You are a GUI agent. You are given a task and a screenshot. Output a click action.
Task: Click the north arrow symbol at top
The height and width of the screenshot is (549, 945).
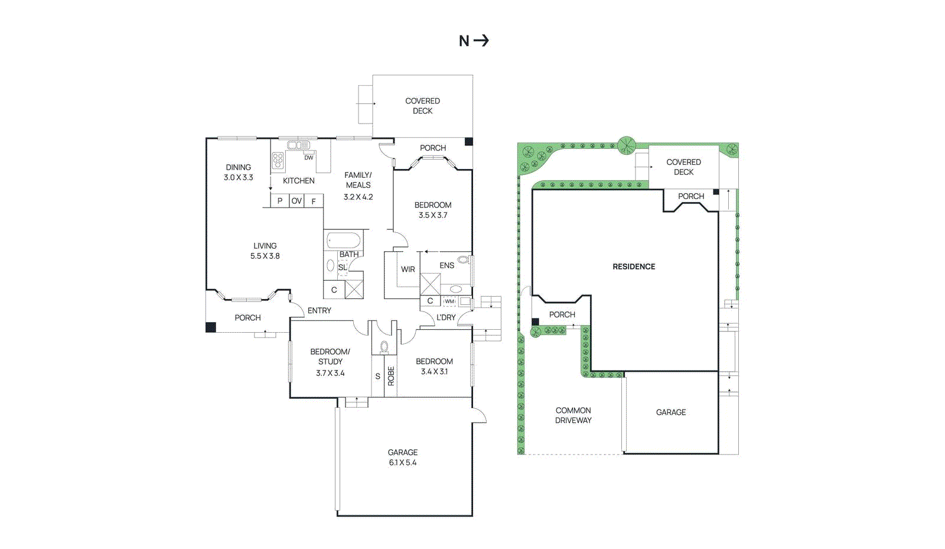[x=474, y=41]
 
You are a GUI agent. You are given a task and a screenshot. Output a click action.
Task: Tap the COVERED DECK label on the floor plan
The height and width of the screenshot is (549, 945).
[x=422, y=106]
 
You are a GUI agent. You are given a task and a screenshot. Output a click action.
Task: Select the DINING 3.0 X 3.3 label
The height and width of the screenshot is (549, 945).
[x=238, y=173]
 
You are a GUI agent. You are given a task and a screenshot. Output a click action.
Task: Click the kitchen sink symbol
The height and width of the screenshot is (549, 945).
[x=298, y=145]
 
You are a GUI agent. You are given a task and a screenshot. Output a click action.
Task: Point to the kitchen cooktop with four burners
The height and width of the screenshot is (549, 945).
[x=278, y=160]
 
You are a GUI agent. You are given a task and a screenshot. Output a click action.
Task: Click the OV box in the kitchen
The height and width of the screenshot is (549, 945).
[x=296, y=201]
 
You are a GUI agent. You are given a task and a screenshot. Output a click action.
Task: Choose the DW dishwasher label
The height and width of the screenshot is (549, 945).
[x=308, y=158]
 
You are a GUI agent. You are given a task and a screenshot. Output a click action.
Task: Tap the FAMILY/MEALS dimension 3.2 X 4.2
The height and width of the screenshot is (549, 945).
[x=358, y=197]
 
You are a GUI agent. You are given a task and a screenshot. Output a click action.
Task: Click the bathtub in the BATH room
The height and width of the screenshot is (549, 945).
[x=343, y=241]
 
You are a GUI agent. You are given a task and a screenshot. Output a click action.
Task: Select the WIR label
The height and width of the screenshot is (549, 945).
[x=408, y=269]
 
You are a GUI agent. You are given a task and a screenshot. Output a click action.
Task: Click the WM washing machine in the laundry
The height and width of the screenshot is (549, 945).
[x=449, y=301]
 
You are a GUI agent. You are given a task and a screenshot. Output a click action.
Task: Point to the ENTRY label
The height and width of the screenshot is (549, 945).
[x=319, y=310]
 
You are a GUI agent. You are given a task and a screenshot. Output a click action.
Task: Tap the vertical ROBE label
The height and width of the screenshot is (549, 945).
[x=391, y=376]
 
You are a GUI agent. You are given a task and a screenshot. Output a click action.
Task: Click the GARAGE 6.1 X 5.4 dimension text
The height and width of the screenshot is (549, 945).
[x=402, y=463]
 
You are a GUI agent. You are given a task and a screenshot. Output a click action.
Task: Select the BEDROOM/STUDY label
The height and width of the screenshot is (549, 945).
[x=330, y=356]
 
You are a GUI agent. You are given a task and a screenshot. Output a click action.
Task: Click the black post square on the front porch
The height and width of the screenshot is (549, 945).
[x=211, y=327]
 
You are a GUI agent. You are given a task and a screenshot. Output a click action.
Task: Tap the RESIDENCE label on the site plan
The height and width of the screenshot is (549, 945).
[x=634, y=267]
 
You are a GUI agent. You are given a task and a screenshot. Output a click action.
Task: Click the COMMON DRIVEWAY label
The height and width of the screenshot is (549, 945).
[x=573, y=415]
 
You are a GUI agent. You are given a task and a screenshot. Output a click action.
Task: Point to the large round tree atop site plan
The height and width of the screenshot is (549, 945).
[x=626, y=145]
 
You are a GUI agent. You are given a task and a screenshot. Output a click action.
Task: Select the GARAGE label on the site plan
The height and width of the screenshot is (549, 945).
[x=671, y=412]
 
